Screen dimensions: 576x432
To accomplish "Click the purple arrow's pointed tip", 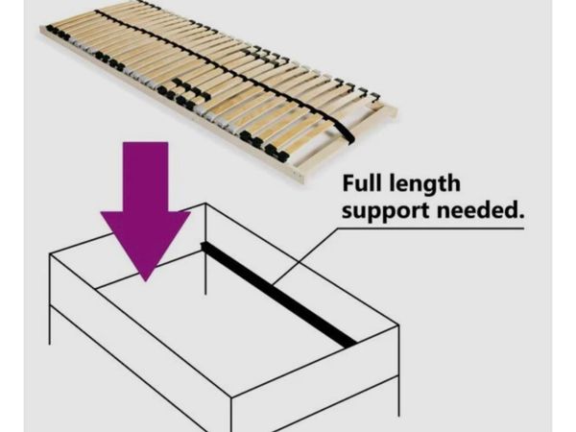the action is click(x=146, y=281).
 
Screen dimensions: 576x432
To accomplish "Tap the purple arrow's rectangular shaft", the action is click(x=146, y=177).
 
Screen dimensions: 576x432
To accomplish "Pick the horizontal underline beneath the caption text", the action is click(x=430, y=228).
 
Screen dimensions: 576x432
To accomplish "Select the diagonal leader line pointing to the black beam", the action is click(x=305, y=256).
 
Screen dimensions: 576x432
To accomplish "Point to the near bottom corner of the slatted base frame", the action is click(x=300, y=180).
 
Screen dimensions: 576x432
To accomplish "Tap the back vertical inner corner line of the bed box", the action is click(x=205, y=249).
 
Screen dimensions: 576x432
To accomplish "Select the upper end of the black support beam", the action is click(x=203, y=246).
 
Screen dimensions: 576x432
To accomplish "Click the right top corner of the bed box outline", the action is click(x=398, y=324).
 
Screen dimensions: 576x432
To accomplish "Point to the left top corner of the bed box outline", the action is click(x=50, y=254).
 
